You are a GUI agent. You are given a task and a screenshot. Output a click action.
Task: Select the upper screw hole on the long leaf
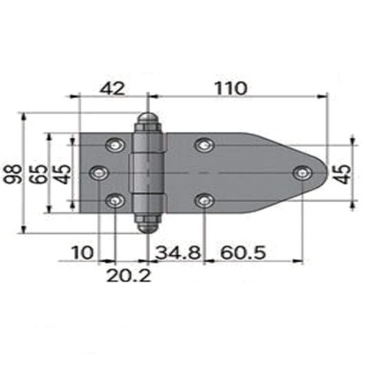205,143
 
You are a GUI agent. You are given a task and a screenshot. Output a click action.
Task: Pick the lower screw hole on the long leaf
205,201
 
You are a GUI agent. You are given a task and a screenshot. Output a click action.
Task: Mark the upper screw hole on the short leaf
115,143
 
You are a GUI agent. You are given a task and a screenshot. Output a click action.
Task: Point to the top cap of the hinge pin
147,122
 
